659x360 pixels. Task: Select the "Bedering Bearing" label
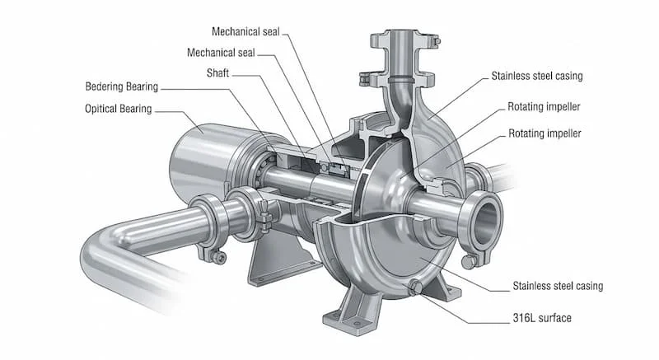point(121,87)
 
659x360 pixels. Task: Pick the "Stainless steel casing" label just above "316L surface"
point(558,286)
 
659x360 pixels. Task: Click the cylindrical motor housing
point(206,161)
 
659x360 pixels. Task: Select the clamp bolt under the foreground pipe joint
point(218,259)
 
